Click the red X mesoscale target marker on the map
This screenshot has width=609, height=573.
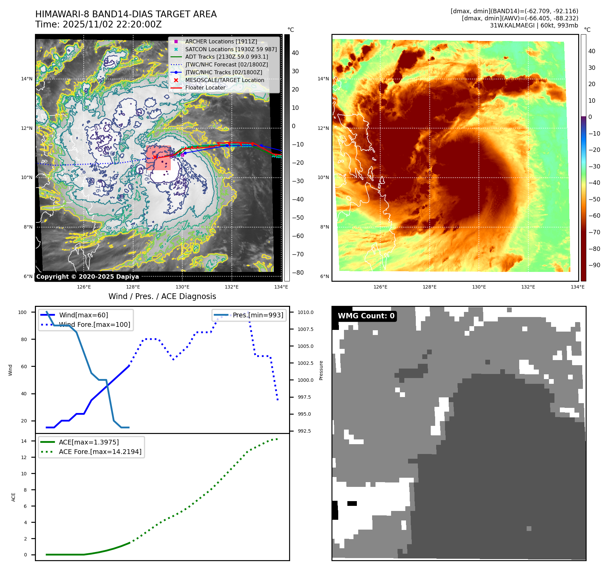[x=155, y=157]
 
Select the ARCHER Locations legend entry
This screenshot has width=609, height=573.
[x=221, y=41]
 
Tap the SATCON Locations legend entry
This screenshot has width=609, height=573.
[x=230, y=49]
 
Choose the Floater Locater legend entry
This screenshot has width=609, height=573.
[x=205, y=87]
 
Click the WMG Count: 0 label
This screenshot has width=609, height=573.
[x=366, y=316]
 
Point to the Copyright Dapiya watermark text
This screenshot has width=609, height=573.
[x=87, y=277]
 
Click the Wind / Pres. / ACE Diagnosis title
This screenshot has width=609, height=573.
[x=162, y=296]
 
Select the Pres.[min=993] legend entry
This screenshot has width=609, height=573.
[x=258, y=315]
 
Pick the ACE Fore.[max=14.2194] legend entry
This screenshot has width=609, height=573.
[x=100, y=452]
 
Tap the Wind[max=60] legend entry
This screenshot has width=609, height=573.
[x=83, y=315]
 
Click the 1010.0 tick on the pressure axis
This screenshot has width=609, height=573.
[x=305, y=312]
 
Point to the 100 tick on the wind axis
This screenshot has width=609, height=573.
[x=22, y=312]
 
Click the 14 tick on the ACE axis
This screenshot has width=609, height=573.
[x=24, y=441]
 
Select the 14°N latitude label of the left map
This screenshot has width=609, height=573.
[x=27, y=79]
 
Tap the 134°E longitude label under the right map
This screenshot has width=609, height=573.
[x=577, y=287]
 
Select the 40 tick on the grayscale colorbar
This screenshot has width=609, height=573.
[x=295, y=53]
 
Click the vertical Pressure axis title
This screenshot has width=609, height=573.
[x=321, y=370]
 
